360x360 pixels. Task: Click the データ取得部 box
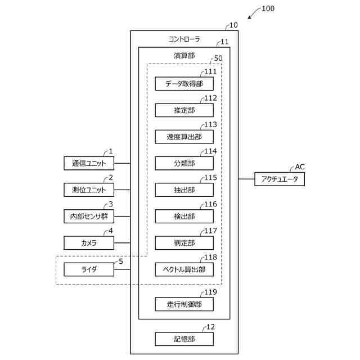point(184,84)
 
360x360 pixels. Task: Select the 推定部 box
point(184,110)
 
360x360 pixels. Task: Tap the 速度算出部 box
point(184,137)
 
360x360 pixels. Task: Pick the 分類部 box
point(184,163)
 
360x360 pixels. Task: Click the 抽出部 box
point(184,190)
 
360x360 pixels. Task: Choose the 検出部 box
point(184,216)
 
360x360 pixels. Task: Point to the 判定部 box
point(184,243)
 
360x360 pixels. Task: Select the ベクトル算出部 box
point(184,269)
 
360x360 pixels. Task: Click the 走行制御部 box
point(184,304)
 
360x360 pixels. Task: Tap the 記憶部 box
point(184,339)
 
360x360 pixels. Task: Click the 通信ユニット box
point(89,163)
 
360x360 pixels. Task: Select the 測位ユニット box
point(89,190)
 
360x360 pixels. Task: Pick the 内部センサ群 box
point(89,216)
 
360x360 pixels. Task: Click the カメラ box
point(89,243)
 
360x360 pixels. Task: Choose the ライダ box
point(89,269)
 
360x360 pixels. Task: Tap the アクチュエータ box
point(280,179)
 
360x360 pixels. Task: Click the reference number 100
point(268,8)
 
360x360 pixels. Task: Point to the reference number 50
point(218,58)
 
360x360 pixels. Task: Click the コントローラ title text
point(184,39)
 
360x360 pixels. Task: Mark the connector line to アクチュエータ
point(246,179)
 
